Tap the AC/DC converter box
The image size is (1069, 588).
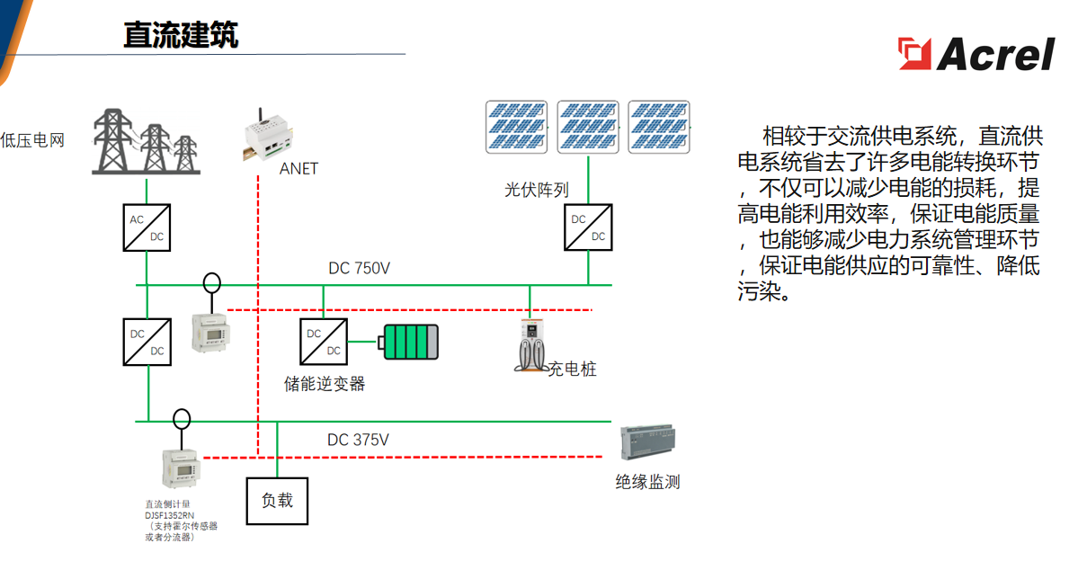[146, 227]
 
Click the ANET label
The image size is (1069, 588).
[298, 168]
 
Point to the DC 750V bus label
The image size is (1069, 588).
[359, 268]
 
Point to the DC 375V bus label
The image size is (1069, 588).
[358, 440]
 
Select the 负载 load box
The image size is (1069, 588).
[277, 500]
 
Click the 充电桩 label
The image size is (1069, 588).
[573, 370]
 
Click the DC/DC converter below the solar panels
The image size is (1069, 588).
[588, 227]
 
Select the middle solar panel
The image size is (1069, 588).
[588, 127]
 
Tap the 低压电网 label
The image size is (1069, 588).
[32, 140]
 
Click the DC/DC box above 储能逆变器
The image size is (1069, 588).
[324, 342]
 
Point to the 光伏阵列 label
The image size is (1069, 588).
[536, 190]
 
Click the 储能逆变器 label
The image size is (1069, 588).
[325, 384]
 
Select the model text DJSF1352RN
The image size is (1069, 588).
[170, 515]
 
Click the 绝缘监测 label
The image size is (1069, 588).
[647, 482]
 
